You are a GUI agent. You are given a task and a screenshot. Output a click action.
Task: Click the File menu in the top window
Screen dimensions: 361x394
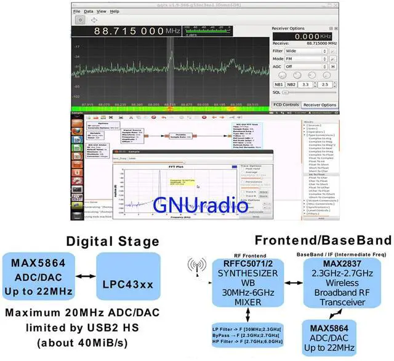76,11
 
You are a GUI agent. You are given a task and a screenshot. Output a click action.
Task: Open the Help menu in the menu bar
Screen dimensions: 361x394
115,11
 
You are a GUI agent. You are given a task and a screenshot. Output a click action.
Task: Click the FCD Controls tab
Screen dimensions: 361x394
286,105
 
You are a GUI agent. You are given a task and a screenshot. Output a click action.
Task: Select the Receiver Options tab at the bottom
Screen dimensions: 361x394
320,105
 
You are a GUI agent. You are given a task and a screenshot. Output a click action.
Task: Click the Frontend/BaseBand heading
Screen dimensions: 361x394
323,239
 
